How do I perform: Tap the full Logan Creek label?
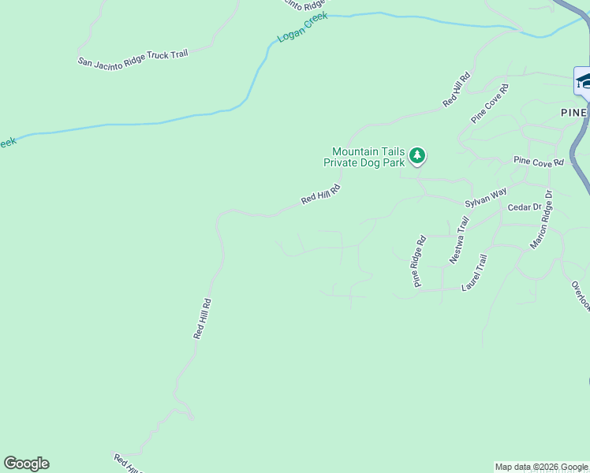pyautogui.click(x=302, y=28)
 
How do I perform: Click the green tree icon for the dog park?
pyautogui.click(x=417, y=156)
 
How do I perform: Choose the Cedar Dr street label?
pyautogui.click(x=525, y=207)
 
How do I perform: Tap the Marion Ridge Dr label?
pyautogui.click(x=542, y=220)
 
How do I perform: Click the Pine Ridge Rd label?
pyautogui.click(x=418, y=261)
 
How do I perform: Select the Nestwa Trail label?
pyautogui.click(x=459, y=240)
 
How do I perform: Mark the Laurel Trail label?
pyautogui.click(x=475, y=271)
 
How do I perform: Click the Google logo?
pyautogui.click(x=26, y=464)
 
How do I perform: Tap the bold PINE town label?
pyautogui.click(x=574, y=112)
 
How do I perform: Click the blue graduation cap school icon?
pyautogui.click(x=584, y=81)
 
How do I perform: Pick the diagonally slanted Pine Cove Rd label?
pyautogui.click(x=490, y=103)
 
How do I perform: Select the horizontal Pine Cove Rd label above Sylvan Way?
pyautogui.click(x=539, y=162)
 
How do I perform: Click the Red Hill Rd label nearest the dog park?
pyautogui.click(x=320, y=194)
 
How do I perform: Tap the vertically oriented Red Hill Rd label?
pyautogui.click(x=203, y=318)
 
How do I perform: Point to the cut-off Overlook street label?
pyautogui.click(x=580, y=296)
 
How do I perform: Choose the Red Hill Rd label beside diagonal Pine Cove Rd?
pyautogui.click(x=457, y=89)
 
